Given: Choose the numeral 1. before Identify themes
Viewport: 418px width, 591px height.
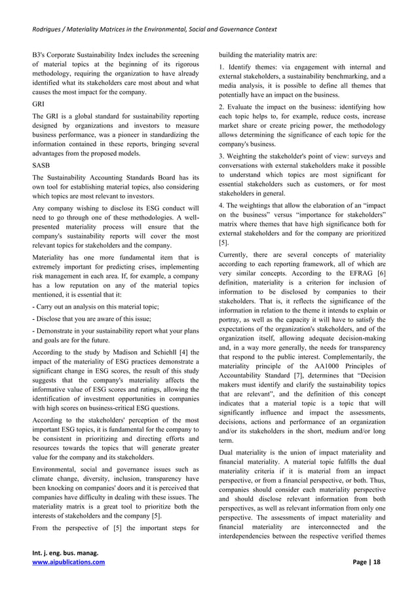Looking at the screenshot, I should pos(222,67).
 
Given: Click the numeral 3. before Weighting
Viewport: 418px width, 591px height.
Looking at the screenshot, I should pos(222,156).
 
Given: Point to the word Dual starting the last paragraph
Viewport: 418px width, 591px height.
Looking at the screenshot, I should pos(229,452).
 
